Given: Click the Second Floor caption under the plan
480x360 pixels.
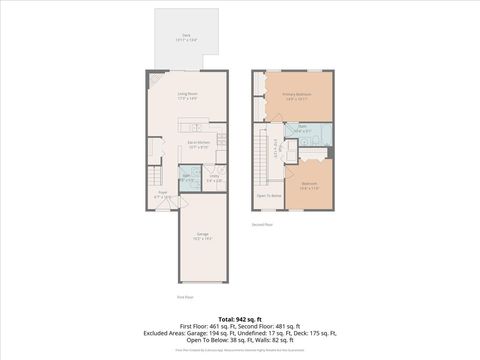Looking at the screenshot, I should (263, 225).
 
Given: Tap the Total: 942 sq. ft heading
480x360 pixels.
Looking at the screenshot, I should (239, 318).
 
